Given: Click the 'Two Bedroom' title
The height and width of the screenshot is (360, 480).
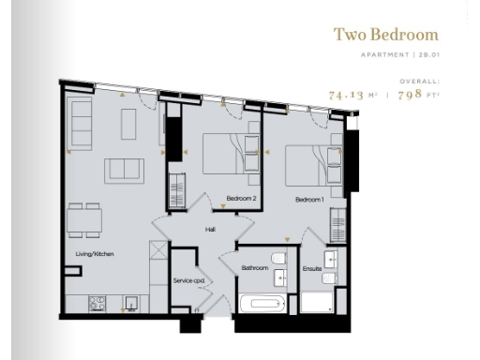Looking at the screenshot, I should pos(385,35).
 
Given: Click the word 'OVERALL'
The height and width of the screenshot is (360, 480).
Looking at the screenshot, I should pos(419,82).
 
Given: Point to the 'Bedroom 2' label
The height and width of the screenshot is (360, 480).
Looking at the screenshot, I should pos(241,199).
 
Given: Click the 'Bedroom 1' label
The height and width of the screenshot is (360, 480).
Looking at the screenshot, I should pos(309,200).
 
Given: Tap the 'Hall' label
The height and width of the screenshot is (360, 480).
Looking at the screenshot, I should pos(211,229).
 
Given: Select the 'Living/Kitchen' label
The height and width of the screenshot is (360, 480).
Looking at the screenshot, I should pos(95,254).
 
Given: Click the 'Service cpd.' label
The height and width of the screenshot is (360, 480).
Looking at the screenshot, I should pos(188,280).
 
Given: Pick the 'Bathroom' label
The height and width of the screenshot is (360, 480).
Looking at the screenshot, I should pos(254,268).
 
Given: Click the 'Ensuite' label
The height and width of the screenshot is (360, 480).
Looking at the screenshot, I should pos(311,269).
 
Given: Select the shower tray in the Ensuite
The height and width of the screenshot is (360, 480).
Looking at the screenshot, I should pos(317,304).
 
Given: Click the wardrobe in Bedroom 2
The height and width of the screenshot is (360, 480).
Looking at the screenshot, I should pos(175,191).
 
